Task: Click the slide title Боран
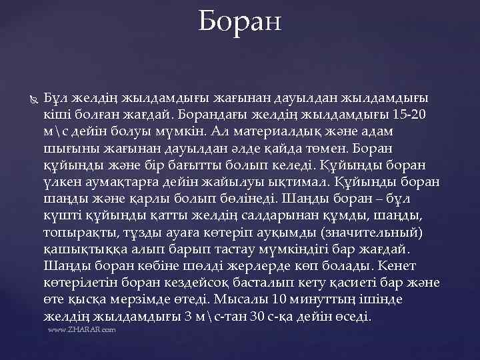click(240, 21)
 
